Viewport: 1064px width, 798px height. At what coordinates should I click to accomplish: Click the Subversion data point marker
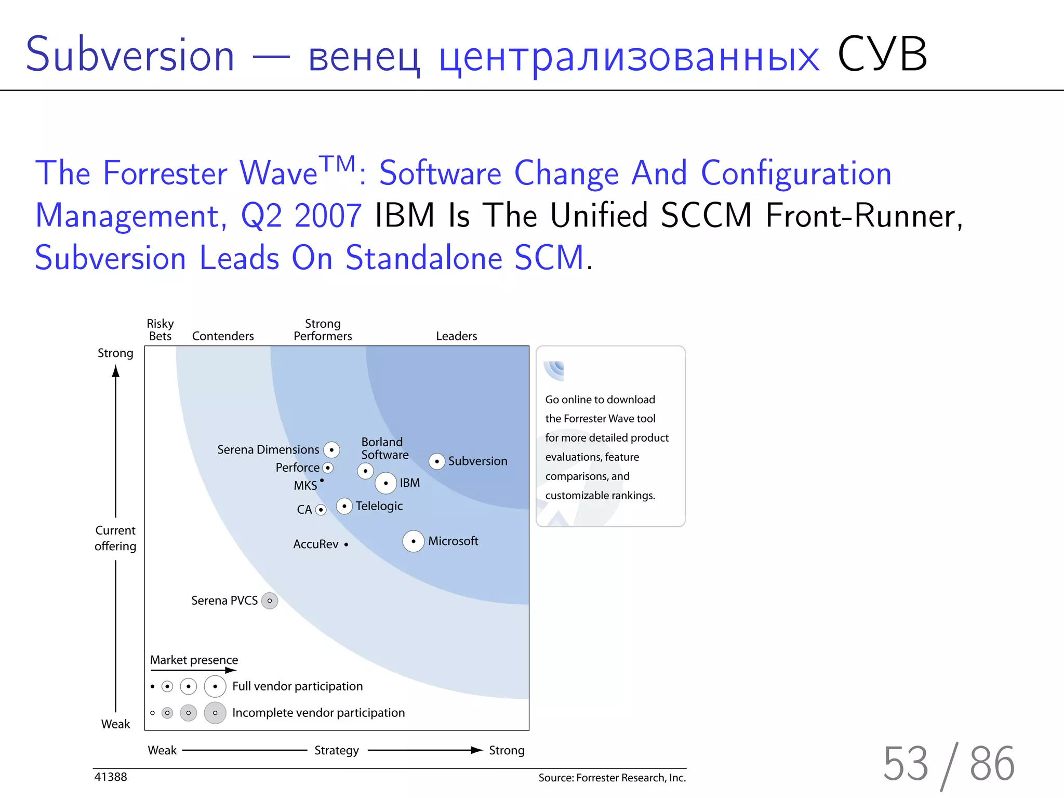[437, 461]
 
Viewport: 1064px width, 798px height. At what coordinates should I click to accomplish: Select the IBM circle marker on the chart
[386, 483]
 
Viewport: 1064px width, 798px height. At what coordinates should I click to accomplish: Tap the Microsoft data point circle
[414, 541]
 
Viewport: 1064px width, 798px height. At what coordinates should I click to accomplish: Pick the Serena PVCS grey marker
[270, 601]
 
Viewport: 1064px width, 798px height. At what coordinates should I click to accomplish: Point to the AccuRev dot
[346, 544]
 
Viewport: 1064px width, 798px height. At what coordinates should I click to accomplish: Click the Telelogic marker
[344, 506]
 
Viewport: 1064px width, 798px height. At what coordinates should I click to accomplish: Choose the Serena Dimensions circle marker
[331, 450]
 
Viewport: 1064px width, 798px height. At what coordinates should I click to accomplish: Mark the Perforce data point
[328, 468]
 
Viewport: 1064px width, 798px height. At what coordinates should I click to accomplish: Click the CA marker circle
[321, 510]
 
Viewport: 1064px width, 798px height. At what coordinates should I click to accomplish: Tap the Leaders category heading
[456, 336]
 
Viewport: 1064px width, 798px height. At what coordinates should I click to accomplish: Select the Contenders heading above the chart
[223, 336]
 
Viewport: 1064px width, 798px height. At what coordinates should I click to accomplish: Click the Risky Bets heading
[160, 330]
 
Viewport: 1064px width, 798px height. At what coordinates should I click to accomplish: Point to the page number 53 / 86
[949, 764]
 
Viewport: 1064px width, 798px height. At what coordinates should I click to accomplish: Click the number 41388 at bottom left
[111, 777]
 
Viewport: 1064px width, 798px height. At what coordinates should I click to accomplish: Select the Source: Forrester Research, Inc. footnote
[612, 778]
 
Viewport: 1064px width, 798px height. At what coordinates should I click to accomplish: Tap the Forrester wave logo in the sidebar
[554, 370]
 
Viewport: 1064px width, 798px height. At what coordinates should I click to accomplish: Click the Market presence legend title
[194, 660]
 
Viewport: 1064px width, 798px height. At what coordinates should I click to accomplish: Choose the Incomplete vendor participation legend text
[318, 713]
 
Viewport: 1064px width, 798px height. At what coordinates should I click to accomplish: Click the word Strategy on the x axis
[337, 750]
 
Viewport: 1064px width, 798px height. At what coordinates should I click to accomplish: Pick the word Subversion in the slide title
[130, 55]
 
